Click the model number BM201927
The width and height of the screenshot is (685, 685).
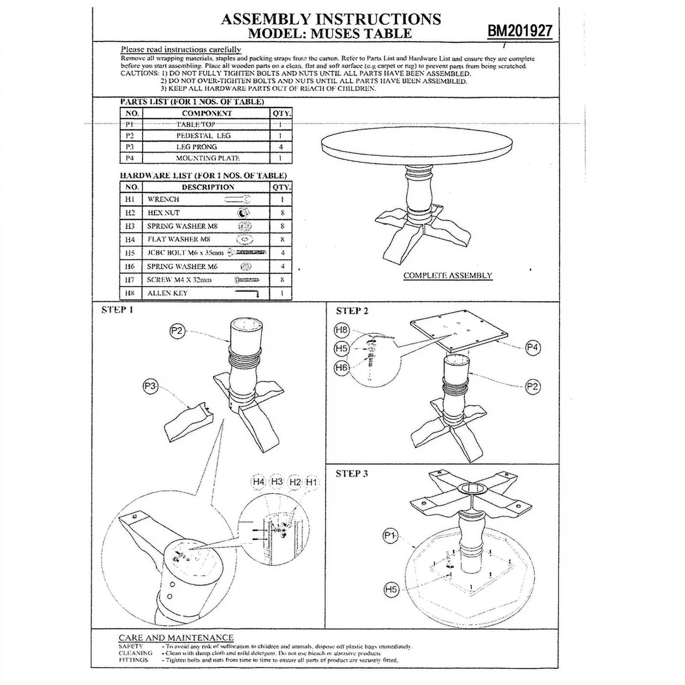pyautogui.click(x=520, y=31)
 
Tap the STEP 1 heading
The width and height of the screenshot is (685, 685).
pyautogui.click(x=117, y=310)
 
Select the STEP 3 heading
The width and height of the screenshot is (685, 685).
pyautogui.click(x=351, y=473)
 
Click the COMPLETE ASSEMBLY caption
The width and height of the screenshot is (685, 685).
pyautogui.click(x=448, y=275)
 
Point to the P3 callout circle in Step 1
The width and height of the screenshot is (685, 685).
pyautogui.click(x=150, y=387)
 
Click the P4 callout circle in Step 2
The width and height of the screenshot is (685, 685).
pyautogui.click(x=533, y=347)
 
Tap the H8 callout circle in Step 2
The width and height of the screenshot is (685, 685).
pyautogui.click(x=342, y=330)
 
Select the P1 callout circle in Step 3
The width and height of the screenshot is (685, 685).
pyautogui.click(x=390, y=535)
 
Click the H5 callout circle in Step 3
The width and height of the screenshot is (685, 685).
pyautogui.click(x=391, y=590)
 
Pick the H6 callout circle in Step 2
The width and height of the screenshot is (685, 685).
pyautogui.click(x=342, y=367)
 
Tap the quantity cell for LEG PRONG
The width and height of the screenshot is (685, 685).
pyautogui.click(x=281, y=147)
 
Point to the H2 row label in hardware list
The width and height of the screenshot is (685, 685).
pyautogui.click(x=130, y=213)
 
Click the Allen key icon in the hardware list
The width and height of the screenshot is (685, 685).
pyautogui.click(x=247, y=293)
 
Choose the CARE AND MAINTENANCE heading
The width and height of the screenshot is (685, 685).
pyautogui.click(x=176, y=637)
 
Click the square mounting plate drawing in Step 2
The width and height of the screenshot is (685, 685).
pyautogui.click(x=459, y=330)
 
